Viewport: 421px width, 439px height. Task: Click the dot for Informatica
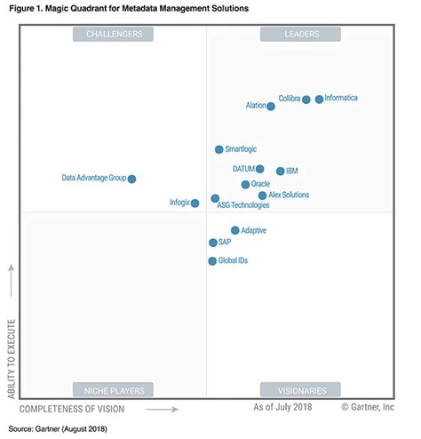(320, 100)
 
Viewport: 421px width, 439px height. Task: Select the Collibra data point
(306, 100)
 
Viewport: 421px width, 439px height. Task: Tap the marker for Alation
(271, 107)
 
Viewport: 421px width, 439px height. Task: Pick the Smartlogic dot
(219, 149)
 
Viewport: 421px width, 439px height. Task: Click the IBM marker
(281, 171)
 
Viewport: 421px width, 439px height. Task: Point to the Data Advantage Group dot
(132, 179)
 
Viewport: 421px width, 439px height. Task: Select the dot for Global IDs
(212, 261)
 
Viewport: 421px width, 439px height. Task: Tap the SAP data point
(213, 243)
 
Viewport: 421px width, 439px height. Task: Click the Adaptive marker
(235, 230)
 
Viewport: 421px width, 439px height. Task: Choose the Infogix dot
(195, 204)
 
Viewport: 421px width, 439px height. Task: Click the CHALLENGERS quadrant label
(114, 34)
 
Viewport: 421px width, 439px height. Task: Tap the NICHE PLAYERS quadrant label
(114, 389)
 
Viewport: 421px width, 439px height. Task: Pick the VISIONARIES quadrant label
(300, 389)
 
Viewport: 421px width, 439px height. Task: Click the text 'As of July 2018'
(282, 407)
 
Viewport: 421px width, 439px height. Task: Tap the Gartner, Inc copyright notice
(367, 407)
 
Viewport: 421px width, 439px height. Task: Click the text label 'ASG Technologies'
(243, 205)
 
